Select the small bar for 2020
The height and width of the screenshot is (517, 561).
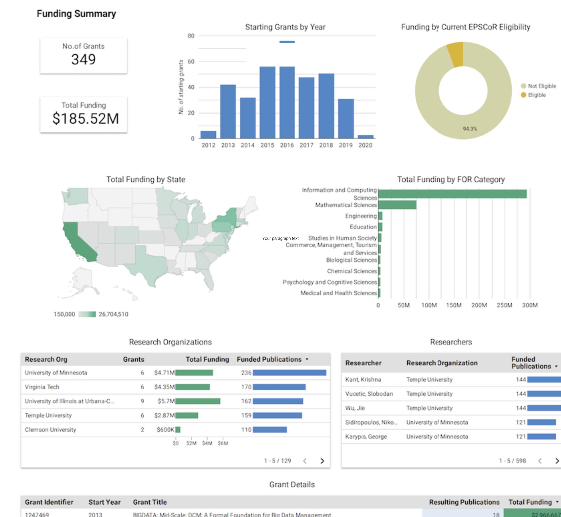pos(365,137)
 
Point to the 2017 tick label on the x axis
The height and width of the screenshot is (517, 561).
pos(306,145)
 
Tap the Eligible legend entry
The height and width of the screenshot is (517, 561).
pos(536,95)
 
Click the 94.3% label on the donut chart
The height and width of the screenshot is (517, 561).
pos(470,129)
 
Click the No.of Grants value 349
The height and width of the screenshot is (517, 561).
pos(84,59)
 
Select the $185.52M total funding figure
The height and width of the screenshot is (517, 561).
pos(85,118)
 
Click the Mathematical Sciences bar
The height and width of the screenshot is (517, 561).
pos(397,205)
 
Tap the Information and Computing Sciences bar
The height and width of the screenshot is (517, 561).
pos(452,194)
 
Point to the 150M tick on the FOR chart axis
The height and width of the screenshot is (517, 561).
pos(453,305)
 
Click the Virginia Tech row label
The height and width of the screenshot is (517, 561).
pos(42,387)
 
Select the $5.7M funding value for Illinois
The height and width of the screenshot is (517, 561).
pos(166,401)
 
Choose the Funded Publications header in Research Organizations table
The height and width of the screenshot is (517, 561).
pos(269,359)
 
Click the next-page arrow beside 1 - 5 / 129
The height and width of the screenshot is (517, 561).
pos(322,461)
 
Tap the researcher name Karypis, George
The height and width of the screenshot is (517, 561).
pos(366,436)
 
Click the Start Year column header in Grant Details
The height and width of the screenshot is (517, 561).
pos(104,502)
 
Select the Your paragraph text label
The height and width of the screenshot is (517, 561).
pos(280,238)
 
